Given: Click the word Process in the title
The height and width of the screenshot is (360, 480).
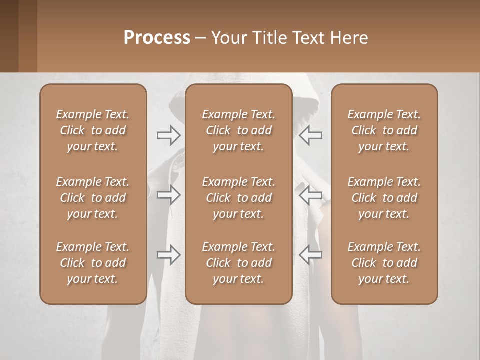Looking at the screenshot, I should click(157, 38).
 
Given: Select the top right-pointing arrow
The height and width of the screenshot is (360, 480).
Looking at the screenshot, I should click(169, 135).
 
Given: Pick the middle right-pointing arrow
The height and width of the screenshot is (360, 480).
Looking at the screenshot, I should click(169, 195).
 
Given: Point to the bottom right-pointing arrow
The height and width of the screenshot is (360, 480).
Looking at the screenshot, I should click(169, 255).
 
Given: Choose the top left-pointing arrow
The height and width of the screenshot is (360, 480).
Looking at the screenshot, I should click(310, 135).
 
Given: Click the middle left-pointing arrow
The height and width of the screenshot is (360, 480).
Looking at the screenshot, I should click(310, 195).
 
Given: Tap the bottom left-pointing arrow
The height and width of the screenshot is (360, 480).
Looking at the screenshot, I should click(310, 255).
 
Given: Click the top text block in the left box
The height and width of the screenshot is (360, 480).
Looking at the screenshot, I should click(93, 130).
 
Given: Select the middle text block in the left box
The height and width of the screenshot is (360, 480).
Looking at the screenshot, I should click(93, 198).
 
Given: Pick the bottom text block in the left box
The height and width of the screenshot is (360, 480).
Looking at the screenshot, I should click(93, 263).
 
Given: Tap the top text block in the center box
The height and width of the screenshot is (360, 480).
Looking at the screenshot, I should click(238, 130).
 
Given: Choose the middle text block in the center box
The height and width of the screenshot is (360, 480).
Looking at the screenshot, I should click(238, 198).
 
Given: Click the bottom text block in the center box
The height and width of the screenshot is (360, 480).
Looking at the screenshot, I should click(238, 263).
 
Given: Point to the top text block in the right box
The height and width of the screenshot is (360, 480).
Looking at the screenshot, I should click(384, 130).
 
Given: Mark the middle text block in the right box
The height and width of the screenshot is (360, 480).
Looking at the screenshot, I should click(384, 198).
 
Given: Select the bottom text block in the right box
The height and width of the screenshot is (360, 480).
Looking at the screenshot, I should click(384, 263).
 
